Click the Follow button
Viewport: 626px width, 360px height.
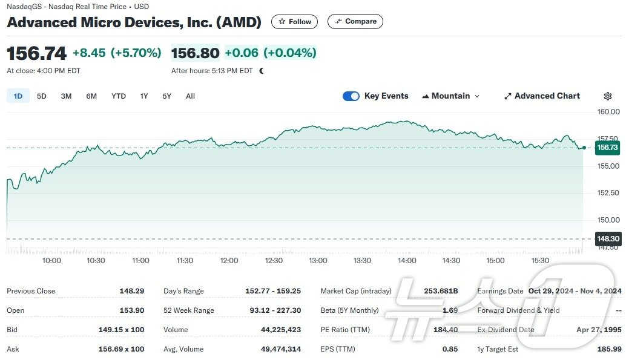(294, 22)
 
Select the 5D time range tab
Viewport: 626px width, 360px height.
(41, 96)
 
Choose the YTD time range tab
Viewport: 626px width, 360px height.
(119, 96)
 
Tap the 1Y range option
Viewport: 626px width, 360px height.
(144, 96)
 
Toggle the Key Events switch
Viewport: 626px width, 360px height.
(351, 96)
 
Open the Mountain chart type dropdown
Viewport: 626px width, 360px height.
(450, 96)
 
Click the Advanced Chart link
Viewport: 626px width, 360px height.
(542, 96)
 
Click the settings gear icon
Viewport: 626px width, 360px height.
(608, 96)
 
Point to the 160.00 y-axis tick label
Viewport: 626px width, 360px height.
(608, 112)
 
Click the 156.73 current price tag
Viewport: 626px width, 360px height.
(607, 148)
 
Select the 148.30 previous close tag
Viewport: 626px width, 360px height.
(607, 239)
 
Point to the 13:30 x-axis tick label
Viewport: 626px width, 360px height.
(362, 261)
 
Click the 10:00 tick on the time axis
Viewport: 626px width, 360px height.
(51, 261)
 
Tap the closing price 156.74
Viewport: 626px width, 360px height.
(36, 53)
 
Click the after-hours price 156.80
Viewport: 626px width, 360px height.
(195, 53)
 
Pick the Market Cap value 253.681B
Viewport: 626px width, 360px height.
(441, 291)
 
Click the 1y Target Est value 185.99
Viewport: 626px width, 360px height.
(608, 349)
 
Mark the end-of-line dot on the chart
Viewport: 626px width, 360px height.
(584, 148)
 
